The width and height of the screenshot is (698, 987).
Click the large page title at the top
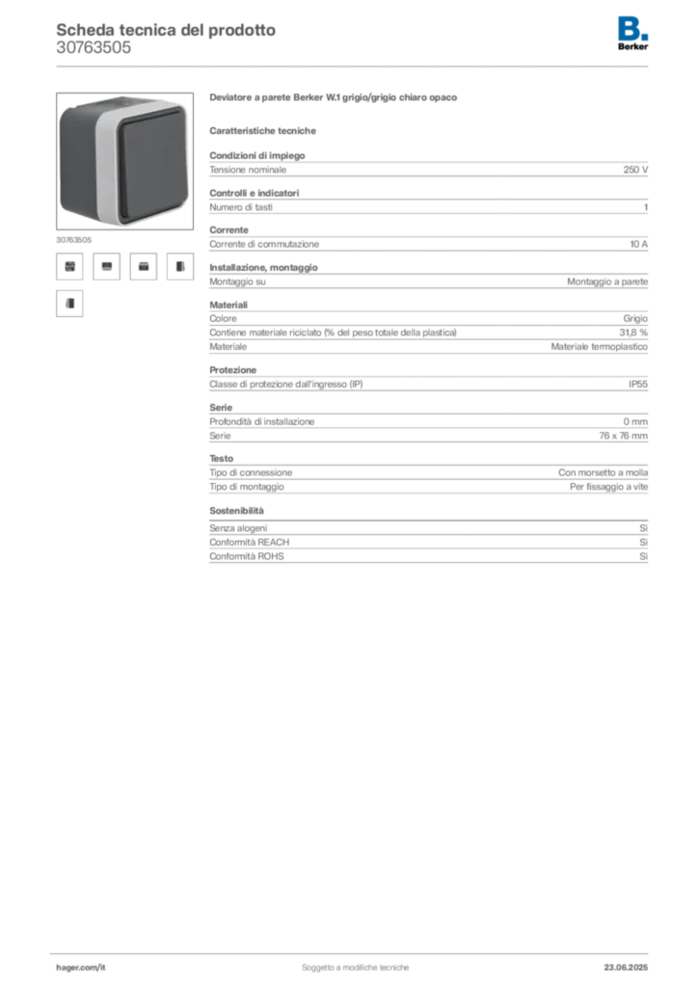165,29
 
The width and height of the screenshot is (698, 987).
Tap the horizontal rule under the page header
355,66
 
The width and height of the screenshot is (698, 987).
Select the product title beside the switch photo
336,99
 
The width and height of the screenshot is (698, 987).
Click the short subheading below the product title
266,130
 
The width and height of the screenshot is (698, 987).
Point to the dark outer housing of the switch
77,164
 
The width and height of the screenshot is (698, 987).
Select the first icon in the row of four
69,266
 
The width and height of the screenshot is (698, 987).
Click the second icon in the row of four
107,266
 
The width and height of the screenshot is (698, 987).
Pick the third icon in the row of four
144,266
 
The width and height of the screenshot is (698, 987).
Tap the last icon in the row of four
179,266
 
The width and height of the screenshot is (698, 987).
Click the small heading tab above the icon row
73,236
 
